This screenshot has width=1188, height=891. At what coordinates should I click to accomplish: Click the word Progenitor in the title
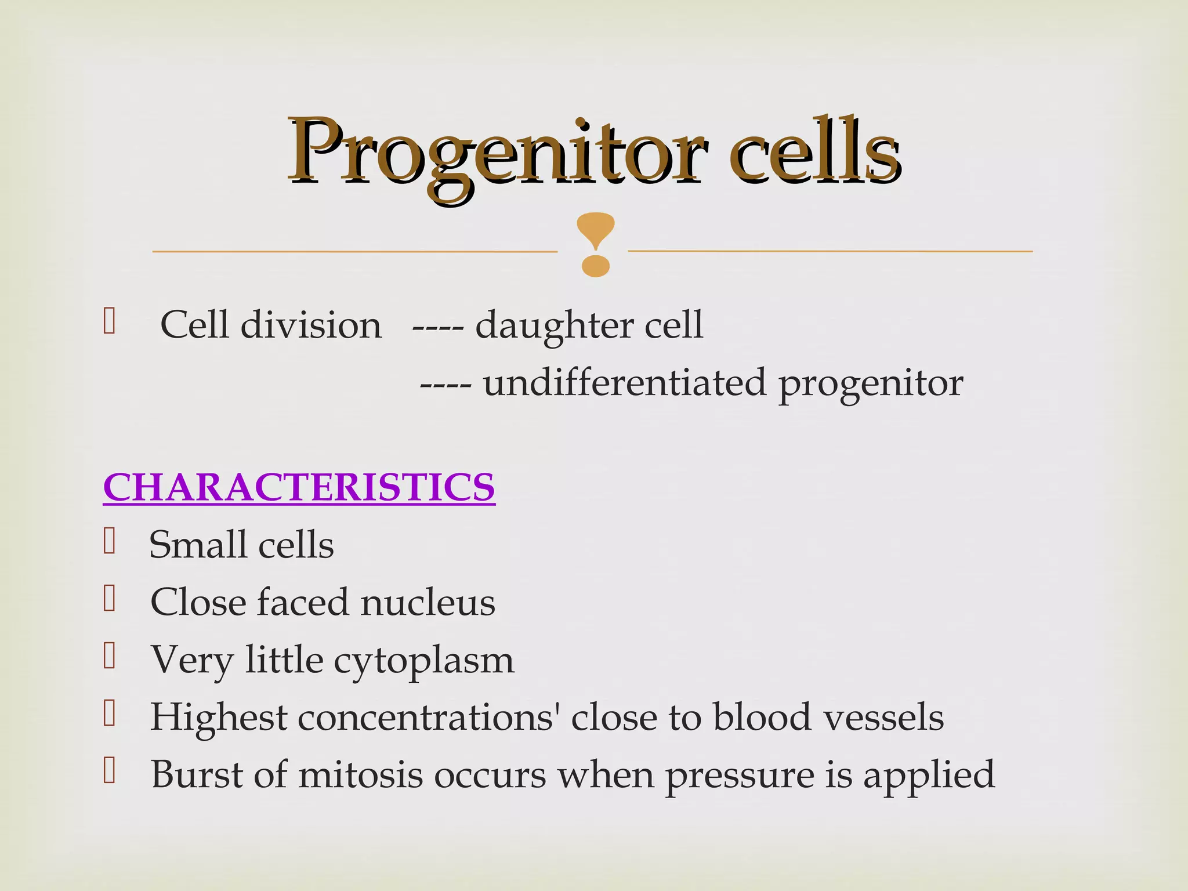coord(496,154)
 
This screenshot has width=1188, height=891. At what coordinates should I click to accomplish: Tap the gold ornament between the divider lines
coord(595,244)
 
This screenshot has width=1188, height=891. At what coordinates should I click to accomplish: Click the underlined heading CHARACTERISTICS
coord(299,487)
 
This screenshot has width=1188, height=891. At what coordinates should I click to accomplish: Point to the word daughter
coord(554,326)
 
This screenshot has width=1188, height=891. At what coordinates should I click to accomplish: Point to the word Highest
coord(219,718)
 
